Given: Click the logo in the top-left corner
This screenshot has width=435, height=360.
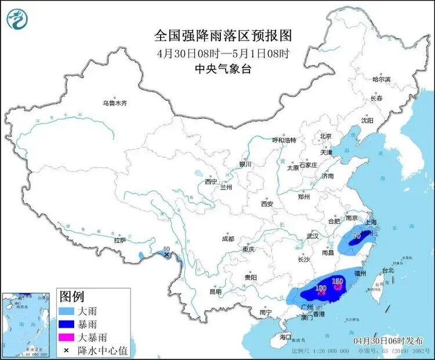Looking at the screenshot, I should [x=16, y=19].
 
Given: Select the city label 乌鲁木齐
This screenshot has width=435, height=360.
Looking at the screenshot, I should [x=114, y=103].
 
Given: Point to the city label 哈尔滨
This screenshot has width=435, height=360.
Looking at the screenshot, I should [x=381, y=79].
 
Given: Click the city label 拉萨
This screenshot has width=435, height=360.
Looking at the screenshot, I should [x=120, y=239].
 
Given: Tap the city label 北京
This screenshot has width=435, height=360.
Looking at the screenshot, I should [x=325, y=137].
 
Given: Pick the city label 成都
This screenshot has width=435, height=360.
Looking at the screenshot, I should [x=227, y=238].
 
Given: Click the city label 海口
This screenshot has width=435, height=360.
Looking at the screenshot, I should [x=285, y=337].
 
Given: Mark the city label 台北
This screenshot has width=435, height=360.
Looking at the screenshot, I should [x=387, y=270].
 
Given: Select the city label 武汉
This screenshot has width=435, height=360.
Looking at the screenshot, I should [x=313, y=236].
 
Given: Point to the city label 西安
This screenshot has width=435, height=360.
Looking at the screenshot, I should [x=267, y=204].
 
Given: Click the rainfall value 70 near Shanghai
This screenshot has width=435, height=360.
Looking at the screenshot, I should [x=357, y=236].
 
